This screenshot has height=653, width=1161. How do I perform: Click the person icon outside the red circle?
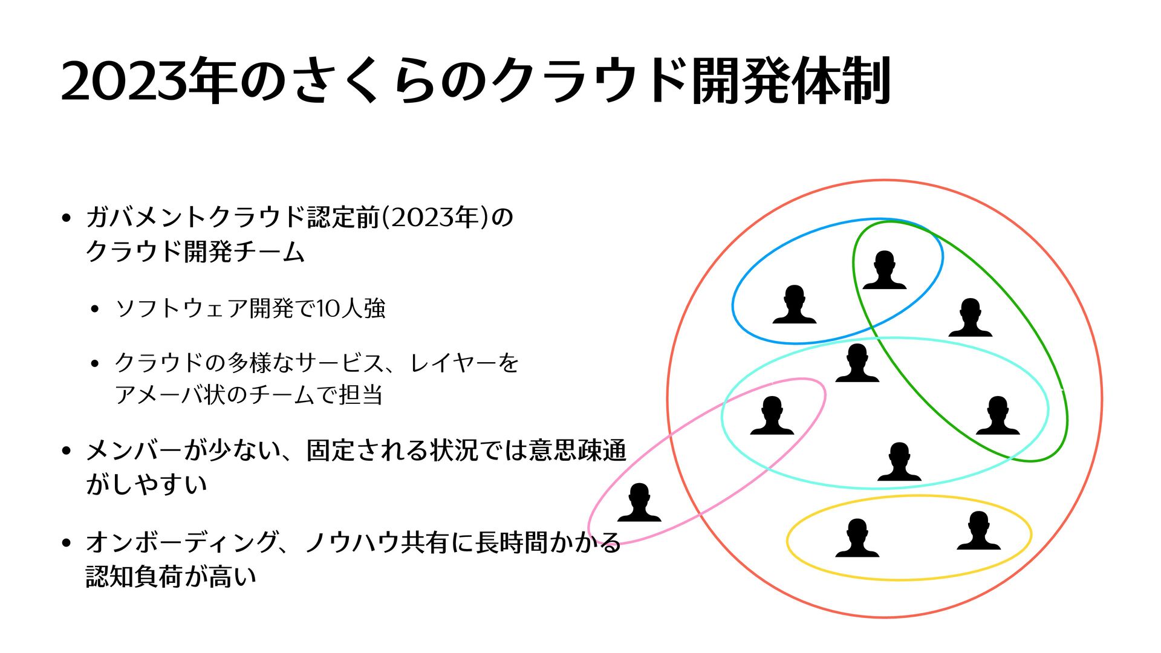point(639,503)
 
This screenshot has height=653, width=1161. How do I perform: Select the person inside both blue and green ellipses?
point(884,271)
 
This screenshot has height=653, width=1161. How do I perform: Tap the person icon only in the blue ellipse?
point(795,305)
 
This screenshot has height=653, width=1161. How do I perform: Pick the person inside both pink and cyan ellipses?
point(772,416)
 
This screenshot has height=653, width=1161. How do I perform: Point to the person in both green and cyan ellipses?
point(998,416)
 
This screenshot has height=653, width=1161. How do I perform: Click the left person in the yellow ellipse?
point(857,538)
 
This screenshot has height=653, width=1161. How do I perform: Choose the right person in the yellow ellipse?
point(978,531)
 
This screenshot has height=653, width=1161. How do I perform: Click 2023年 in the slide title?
point(149,82)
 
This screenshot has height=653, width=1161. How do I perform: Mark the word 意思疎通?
point(577,450)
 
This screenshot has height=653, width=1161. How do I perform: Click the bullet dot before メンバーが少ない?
point(67,451)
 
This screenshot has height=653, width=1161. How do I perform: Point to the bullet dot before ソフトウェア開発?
point(94,310)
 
